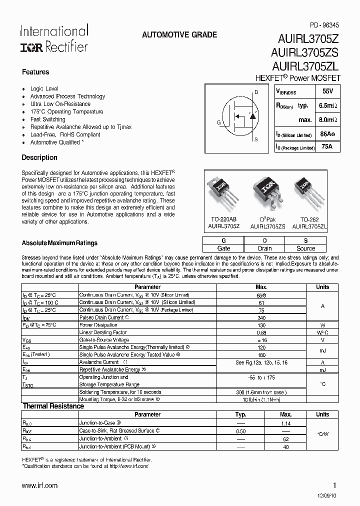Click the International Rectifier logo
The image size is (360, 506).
54,38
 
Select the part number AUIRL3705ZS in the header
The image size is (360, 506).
306,52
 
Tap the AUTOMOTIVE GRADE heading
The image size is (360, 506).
179,35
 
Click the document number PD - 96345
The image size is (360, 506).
325,24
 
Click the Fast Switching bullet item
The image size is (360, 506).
47,119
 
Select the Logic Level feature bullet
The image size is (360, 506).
44,88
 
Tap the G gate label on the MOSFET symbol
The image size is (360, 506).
218,122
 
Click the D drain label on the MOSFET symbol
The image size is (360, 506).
256,92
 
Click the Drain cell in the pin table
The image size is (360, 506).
264,248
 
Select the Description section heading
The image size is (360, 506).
39,157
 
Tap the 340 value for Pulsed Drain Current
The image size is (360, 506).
261,317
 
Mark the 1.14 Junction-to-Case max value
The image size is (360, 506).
286,423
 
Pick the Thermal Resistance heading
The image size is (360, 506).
53,406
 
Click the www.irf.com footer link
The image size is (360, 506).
40,485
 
